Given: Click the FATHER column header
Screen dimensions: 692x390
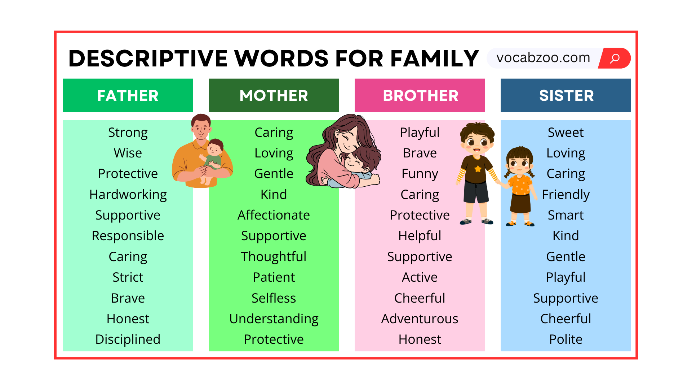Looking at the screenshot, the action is pos(128,95).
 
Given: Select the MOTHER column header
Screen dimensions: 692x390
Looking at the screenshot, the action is pos(274,95).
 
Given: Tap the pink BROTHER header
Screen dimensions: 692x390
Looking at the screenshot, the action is pos(420,95).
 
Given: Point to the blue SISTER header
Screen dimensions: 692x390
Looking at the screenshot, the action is pos(565,95).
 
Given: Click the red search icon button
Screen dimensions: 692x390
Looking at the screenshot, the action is pos(615,58).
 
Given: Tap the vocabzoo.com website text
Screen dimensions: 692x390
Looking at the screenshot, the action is pos(543,58).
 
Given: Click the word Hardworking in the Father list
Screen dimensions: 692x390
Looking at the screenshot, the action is pos(128,195).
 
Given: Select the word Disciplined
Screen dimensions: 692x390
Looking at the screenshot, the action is pos(128,339).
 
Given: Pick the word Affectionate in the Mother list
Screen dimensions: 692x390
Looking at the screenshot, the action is pos(274,215).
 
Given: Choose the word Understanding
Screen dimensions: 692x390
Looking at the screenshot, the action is pos(274,319).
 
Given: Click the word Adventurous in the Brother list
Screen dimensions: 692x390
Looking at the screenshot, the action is pos(420,319).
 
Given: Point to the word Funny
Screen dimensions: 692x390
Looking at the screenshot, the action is pos(420,174).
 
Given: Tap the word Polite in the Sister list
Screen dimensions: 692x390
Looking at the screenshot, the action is pos(566,339).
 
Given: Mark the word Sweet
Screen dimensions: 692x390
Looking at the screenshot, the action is pos(566,133).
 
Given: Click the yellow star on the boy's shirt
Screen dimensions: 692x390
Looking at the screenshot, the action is pos(478,169).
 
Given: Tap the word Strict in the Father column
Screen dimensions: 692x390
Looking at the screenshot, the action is pos(128,277).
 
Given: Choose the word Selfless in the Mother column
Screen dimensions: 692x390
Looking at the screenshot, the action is pos(274,298).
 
